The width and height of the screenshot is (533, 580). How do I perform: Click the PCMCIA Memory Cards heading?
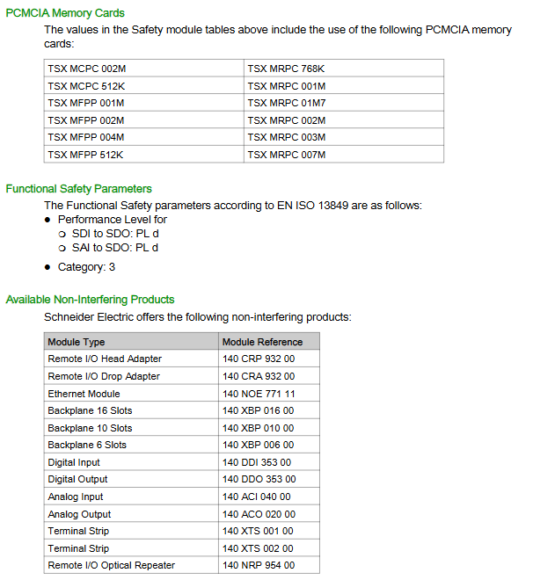pos(65,13)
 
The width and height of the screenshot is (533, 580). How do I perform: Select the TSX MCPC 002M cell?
pos(86,69)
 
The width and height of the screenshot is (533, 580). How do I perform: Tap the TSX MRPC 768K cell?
pos(287,69)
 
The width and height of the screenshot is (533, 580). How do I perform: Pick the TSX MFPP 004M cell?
pos(86,137)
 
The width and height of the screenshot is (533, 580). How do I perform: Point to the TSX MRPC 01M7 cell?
pos(287,103)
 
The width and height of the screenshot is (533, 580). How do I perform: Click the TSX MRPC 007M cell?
pos(287,155)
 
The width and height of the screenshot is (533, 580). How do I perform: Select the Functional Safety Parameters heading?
pos(78,189)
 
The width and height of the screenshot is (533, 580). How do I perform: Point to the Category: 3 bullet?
pos(86,267)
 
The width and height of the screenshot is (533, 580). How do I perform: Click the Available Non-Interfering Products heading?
pos(90,300)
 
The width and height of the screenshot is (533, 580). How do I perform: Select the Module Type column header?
pos(77,342)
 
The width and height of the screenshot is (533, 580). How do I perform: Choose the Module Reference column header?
pos(262,342)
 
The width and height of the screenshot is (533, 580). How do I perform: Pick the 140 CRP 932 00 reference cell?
pos(259,359)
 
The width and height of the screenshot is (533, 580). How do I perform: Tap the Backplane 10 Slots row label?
pos(90,428)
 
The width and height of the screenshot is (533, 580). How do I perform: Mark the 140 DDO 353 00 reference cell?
pos(259,480)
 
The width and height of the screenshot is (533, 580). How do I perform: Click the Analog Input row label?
pos(76,497)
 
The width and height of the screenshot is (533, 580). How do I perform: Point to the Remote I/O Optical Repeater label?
pos(111,565)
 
